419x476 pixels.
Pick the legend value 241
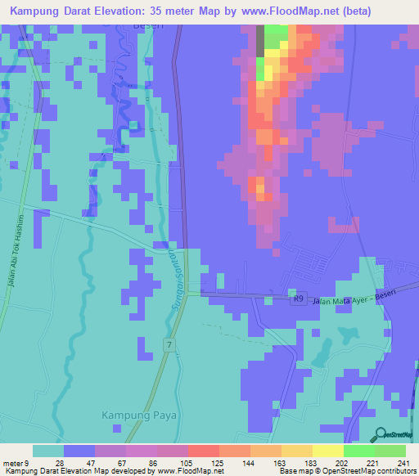point(400,463)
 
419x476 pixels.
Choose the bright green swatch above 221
point(358,451)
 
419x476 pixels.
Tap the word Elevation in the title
point(132,11)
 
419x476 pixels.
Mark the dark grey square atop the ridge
point(260,41)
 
